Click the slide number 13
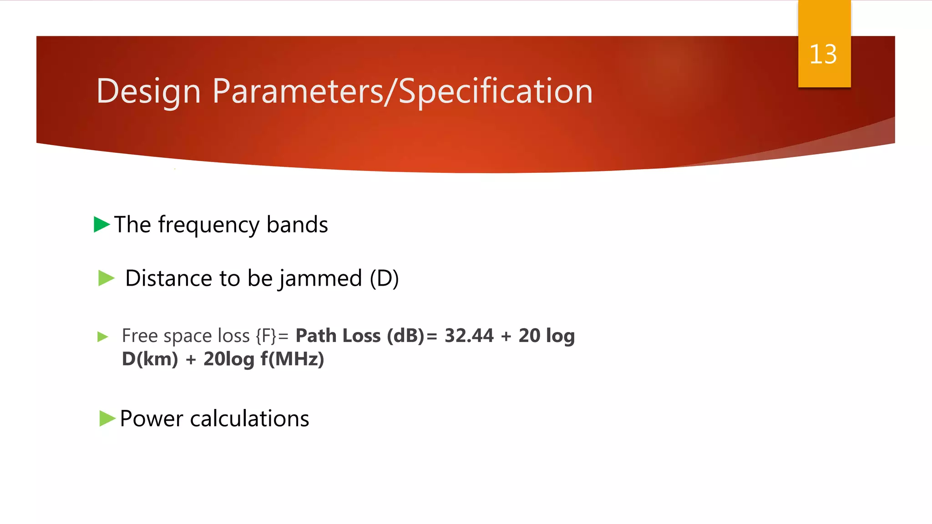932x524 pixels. point(823,55)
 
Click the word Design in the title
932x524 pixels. point(148,91)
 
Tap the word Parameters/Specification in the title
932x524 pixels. point(402,91)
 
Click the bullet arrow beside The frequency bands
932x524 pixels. point(101,224)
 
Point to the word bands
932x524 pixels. point(297,225)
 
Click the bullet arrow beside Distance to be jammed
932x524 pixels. point(106,278)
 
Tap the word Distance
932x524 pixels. point(168,278)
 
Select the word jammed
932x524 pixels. point(320,278)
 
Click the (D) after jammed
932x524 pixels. point(384,278)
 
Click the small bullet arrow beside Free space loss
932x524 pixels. point(103,337)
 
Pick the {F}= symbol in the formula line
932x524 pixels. point(272,336)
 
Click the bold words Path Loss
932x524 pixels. point(338,336)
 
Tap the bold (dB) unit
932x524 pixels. point(406,336)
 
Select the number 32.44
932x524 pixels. point(469,336)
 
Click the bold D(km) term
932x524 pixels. point(150,359)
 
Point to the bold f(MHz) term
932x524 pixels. point(292,359)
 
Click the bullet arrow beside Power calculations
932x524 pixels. point(107,418)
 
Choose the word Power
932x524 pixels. point(151,418)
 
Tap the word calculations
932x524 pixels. point(249,418)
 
